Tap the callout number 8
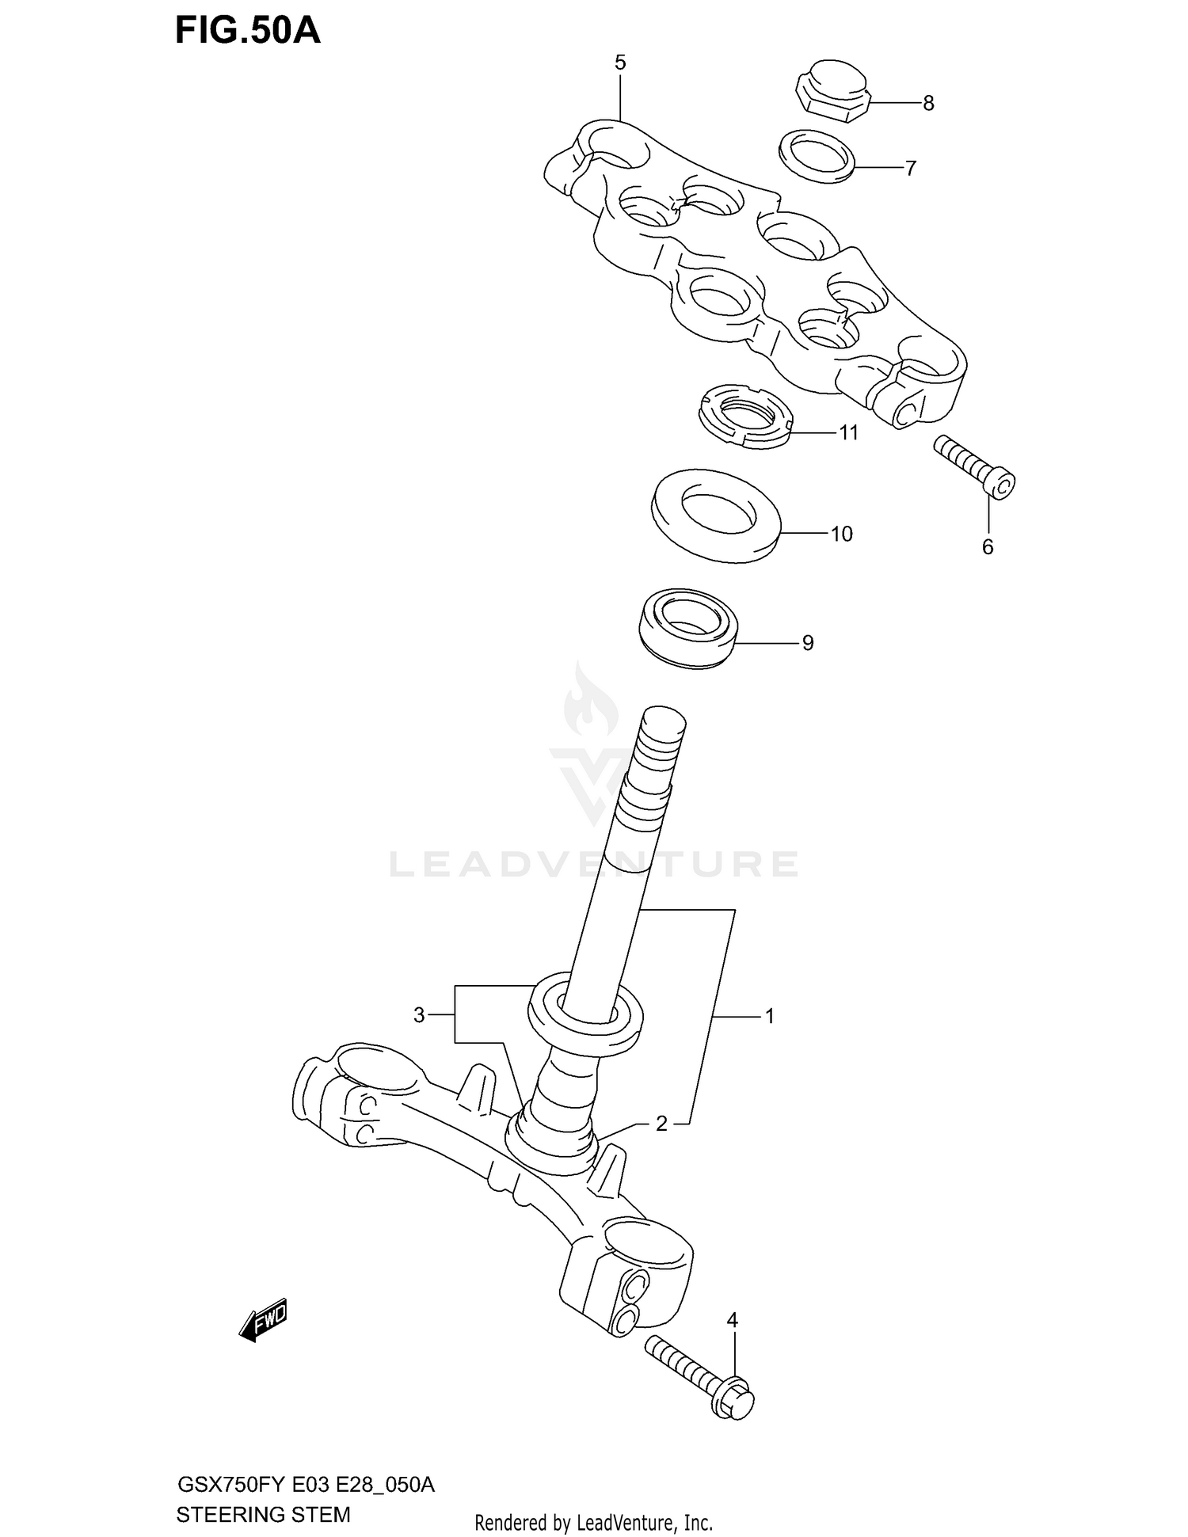point(928,104)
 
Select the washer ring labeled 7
point(817,156)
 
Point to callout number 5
point(620,63)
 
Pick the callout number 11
point(848,433)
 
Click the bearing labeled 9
point(688,626)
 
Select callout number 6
point(988,547)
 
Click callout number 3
point(419,1014)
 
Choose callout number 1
point(769,1015)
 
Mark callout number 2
point(661,1123)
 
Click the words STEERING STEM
point(263,1515)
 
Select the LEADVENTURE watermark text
point(594,865)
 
